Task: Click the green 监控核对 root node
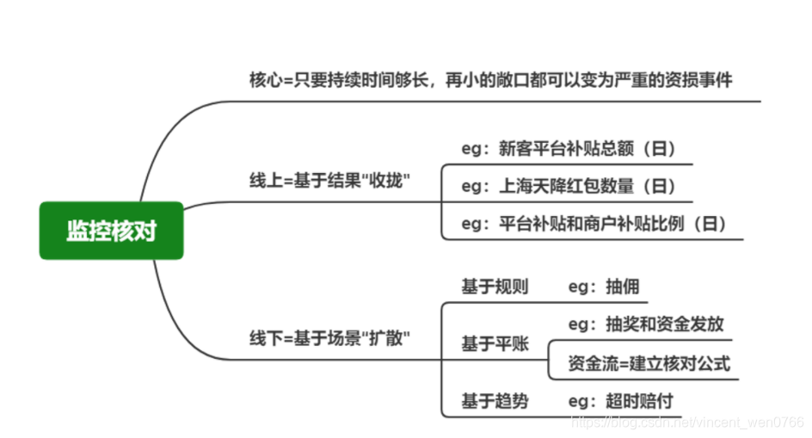pyautogui.click(x=112, y=231)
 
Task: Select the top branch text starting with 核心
pyautogui.click(x=490, y=80)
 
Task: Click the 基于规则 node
pyautogui.click(x=495, y=287)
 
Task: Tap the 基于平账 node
pyautogui.click(x=495, y=344)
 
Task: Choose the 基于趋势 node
pyautogui.click(x=495, y=401)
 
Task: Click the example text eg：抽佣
pyautogui.click(x=604, y=287)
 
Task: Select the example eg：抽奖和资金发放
pyautogui.click(x=646, y=324)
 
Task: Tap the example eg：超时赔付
pyautogui.click(x=620, y=401)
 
